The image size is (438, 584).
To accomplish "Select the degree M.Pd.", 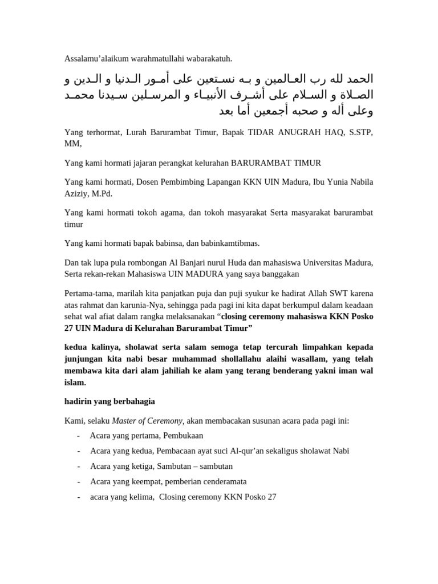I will point(100,194).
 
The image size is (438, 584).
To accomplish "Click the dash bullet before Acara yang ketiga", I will point(78,467).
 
